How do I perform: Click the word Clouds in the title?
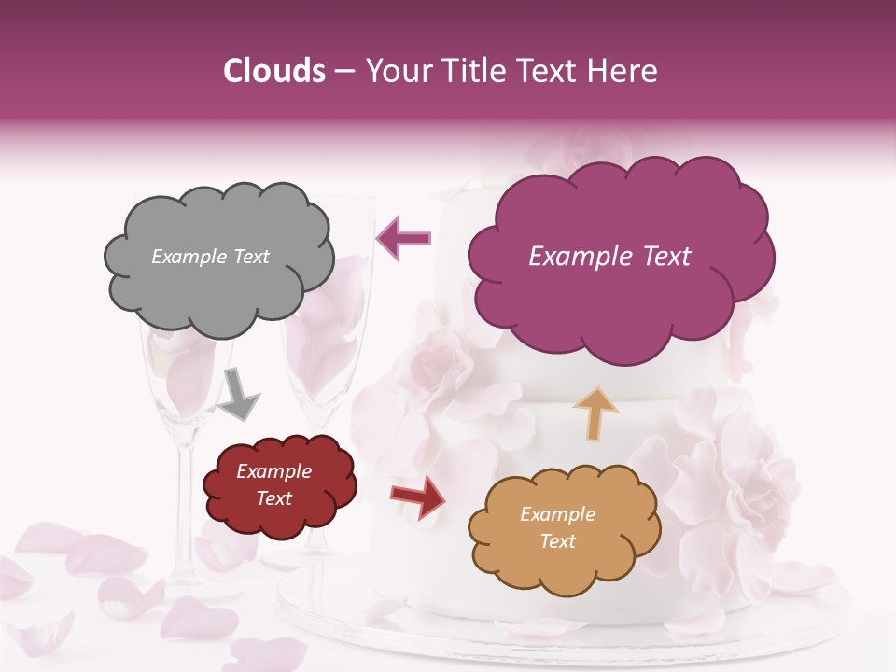tap(274, 71)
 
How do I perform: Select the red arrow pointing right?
tap(418, 497)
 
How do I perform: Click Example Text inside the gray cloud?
tap(210, 257)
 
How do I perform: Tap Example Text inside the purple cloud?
tap(609, 257)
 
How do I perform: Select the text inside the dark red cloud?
tap(273, 484)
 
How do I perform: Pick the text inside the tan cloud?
tap(557, 527)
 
